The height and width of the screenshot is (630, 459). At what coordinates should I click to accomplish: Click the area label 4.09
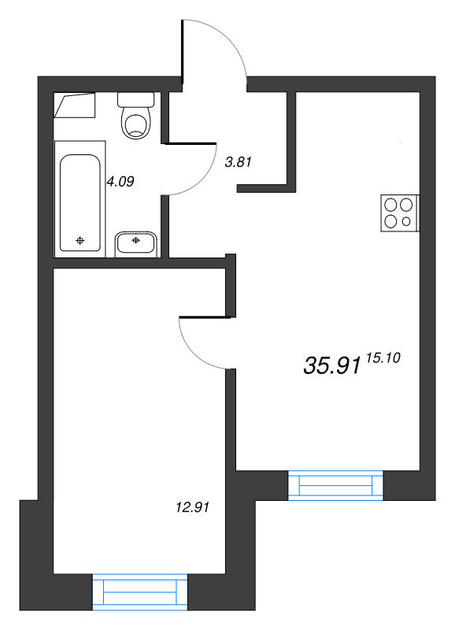click(120, 182)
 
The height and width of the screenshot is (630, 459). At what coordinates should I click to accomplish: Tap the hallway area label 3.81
click(239, 162)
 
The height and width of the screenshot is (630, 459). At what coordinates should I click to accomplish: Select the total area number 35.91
click(332, 365)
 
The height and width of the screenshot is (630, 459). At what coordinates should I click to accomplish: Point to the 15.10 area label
click(383, 358)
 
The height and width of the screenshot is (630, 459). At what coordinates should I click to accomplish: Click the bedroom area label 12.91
click(193, 507)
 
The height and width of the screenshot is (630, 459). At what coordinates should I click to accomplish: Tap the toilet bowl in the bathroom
click(136, 123)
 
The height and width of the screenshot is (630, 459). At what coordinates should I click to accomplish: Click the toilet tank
click(135, 100)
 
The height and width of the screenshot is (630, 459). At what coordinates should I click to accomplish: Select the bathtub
click(80, 199)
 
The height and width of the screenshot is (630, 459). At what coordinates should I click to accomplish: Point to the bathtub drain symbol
click(80, 241)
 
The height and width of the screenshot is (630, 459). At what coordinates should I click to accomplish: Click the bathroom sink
click(136, 244)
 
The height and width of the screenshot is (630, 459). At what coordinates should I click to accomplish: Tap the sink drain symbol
click(135, 240)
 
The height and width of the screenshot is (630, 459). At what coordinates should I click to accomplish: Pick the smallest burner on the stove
click(406, 221)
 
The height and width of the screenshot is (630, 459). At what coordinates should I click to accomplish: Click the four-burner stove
click(400, 213)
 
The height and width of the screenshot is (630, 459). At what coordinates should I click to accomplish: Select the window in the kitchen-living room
click(335, 485)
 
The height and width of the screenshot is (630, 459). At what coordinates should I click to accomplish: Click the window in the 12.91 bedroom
click(140, 592)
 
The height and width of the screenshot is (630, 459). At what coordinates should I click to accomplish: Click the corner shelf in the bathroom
click(75, 106)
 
